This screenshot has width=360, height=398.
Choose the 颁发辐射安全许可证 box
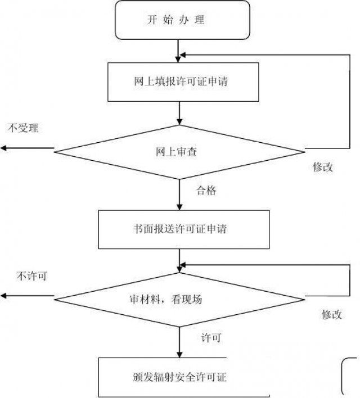163,377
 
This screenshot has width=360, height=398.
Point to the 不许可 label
31,276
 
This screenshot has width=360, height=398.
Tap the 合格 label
206,191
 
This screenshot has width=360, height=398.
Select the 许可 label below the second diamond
211,338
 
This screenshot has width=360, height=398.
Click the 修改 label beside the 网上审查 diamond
322,167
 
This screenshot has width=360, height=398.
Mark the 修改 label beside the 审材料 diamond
331,314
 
